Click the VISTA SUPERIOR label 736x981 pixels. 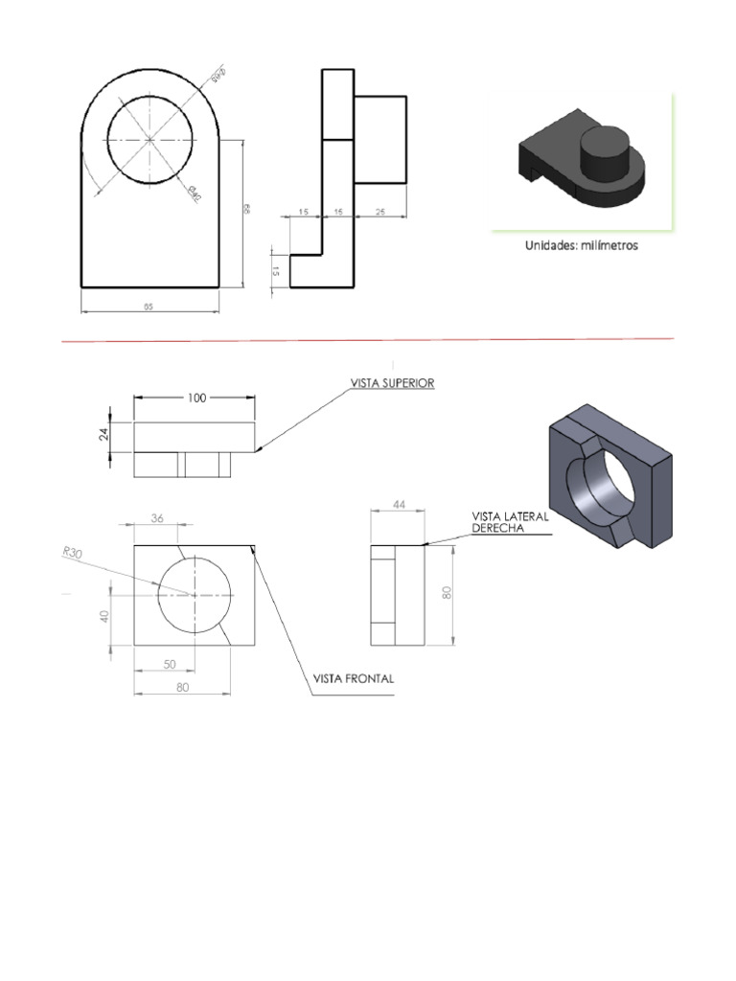click(394, 382)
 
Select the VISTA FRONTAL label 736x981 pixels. click(353, 678)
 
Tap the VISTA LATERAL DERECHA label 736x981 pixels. click(510, 522)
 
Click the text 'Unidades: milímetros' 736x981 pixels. click(581, 245)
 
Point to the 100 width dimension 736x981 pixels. click(196, 398)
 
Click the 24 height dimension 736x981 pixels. click(104, 436)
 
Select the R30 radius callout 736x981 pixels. click(72, 552)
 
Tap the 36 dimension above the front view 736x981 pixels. click(158, 518)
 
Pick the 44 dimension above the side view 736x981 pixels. click(398, 505)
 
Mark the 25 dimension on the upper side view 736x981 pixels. click(380, 212)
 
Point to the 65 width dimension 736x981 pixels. click(149, 307)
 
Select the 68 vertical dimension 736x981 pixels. click(246, 209)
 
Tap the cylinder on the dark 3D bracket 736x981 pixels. click(605, 154)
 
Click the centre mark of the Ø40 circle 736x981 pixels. click(150, 139)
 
